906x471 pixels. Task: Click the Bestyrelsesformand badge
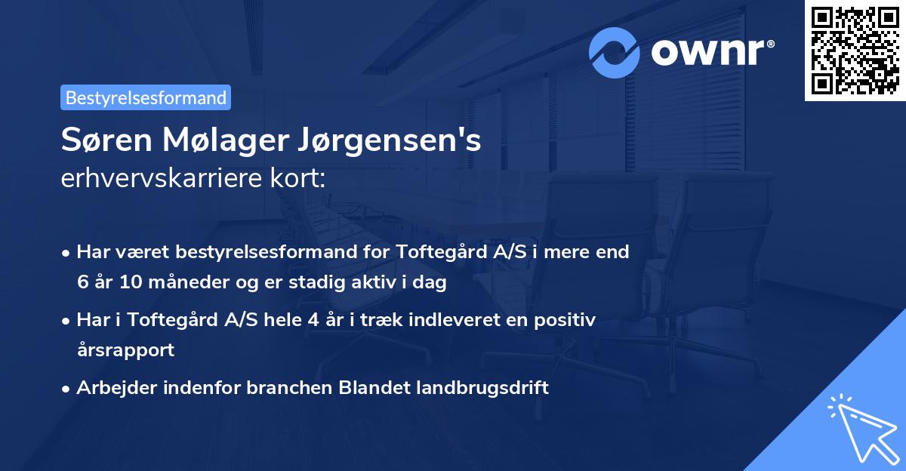(x=146, y=97)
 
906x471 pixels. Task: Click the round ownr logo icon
(x=615, y=52)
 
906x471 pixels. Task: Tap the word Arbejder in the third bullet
(x=111, y=388)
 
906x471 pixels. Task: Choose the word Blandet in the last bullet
(x=376, y=388)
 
